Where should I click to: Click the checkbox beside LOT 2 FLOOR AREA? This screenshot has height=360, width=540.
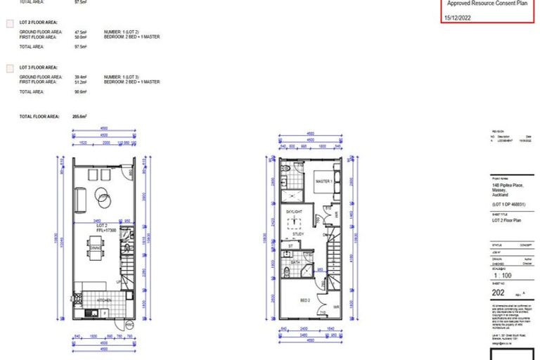(x=9, y=24)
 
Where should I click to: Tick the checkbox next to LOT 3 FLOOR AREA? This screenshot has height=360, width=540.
(x=9, y=68)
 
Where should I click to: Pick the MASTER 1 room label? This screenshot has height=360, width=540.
(x=323, y=181)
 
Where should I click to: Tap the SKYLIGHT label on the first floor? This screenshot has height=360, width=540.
(x=294, y=210)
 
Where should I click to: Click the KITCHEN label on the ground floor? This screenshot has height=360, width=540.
(x=105, y=299)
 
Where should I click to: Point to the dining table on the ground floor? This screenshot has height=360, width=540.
(x=96, y=247)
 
